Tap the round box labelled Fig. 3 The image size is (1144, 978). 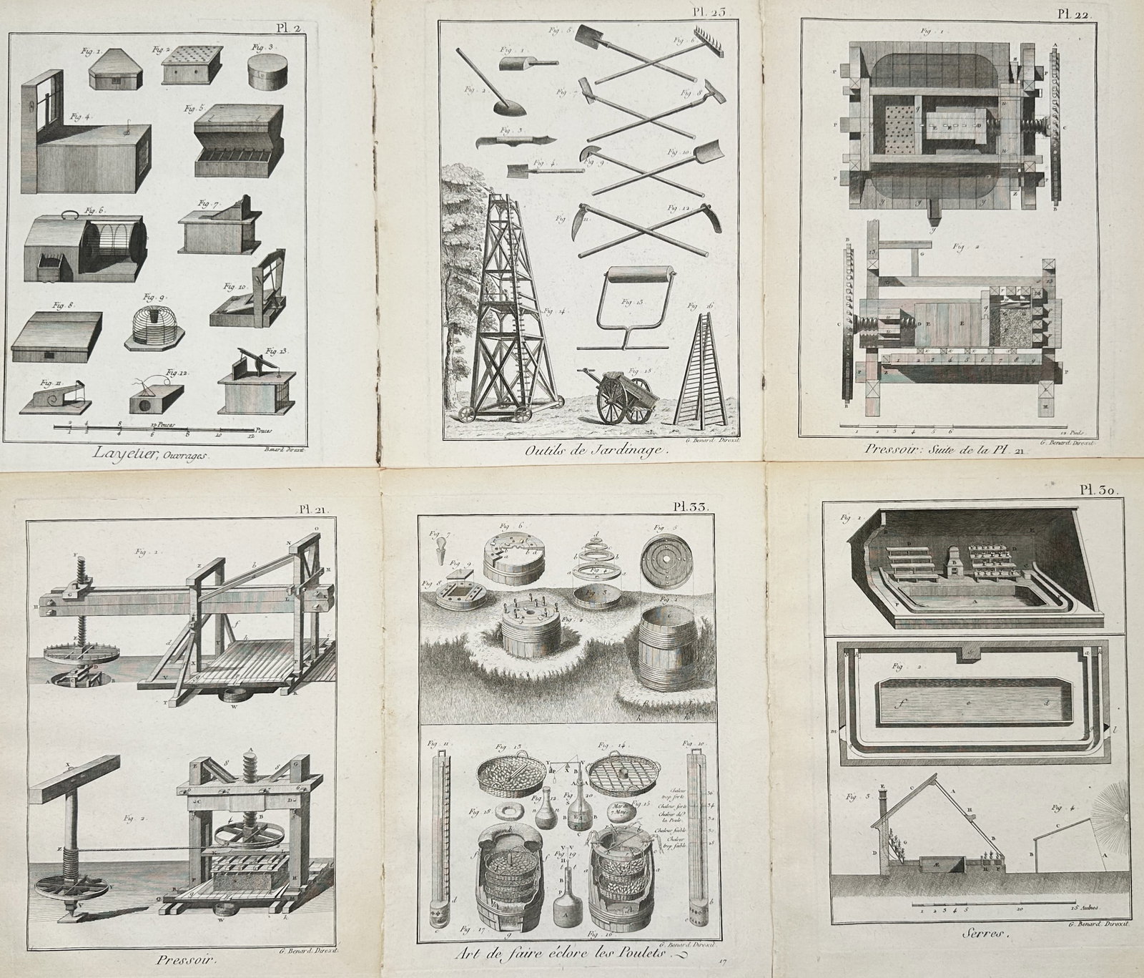click(x=265, y=72)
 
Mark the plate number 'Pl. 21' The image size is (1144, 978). click(x=312, y=509)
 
